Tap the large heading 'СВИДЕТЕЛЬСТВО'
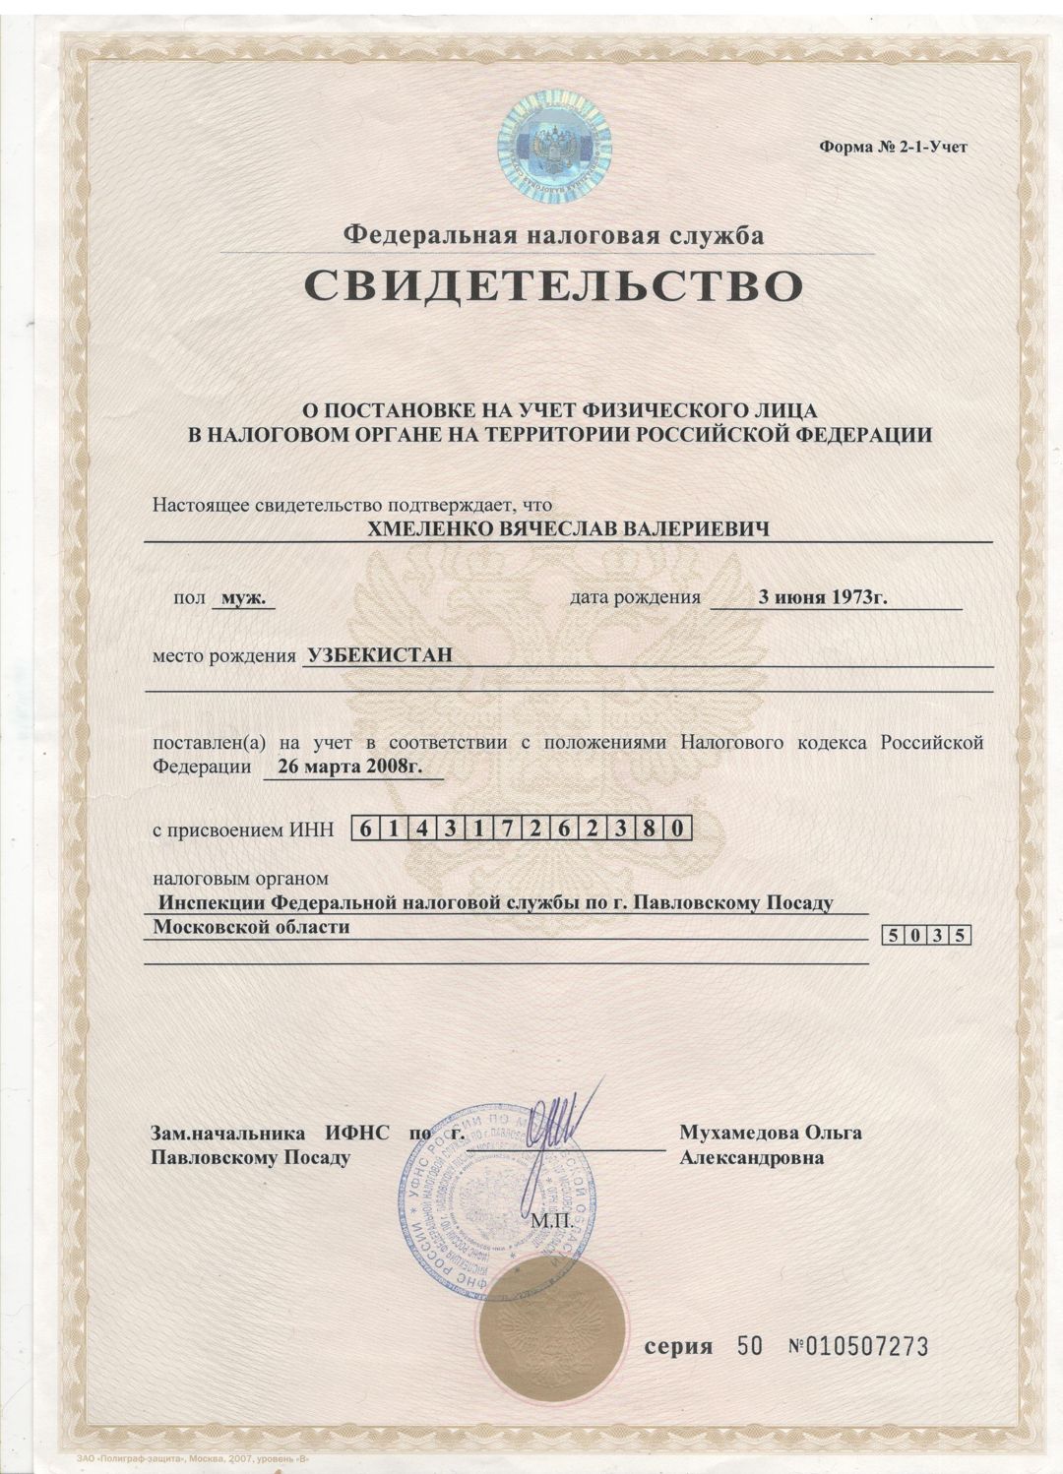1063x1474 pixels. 552,284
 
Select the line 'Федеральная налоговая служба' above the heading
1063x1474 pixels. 552,235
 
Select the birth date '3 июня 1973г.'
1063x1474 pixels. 825,597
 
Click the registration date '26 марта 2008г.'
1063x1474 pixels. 350,768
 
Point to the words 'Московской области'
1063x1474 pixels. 252,927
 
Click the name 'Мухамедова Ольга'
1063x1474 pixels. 771,1133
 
